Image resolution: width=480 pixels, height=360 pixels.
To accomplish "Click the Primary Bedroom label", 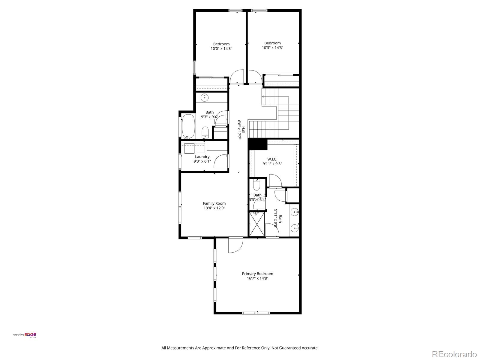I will (x=257, y=274).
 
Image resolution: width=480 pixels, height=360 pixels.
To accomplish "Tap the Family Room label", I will (x=214, y=203).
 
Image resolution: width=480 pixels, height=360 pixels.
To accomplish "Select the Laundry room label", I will (x=202, y=157).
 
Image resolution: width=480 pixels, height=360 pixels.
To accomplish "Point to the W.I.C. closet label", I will (x=272, y=159).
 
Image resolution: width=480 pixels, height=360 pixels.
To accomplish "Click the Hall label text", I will (x=244, y=130).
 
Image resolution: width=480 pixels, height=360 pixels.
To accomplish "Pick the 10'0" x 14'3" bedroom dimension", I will (x=221, y=48).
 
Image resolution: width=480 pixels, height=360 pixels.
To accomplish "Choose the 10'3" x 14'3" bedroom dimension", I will (x=272, y=47).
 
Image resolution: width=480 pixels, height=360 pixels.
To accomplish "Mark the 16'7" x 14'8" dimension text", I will (x=257, y=278).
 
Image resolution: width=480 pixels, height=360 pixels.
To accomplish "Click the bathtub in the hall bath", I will (x=189, y=126).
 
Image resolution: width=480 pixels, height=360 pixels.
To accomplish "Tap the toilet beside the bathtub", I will (x=205, y=132).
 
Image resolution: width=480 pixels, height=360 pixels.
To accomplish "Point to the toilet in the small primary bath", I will (x=256, y=185).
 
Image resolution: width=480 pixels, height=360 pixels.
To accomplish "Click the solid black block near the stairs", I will (x=257, y=144).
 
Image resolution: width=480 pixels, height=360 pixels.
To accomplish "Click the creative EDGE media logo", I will (x=25, y=335).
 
